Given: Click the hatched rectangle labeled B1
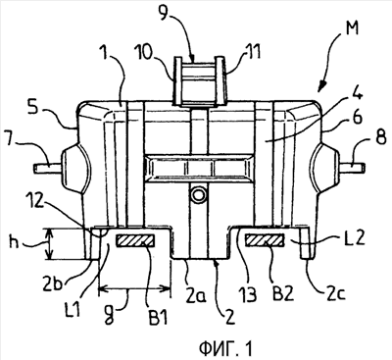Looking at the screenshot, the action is coord(135,241).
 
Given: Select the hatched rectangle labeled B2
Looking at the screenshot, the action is coord(265,240).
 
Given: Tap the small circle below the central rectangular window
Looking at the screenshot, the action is coord(198,195).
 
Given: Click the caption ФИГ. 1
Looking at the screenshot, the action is coord(226,348).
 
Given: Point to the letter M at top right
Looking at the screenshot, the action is coord(349,27).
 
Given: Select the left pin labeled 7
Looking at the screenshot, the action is coord(47,168).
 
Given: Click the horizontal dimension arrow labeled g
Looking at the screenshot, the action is coord(134,288).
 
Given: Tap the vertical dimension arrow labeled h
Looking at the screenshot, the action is coord(49,244).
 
